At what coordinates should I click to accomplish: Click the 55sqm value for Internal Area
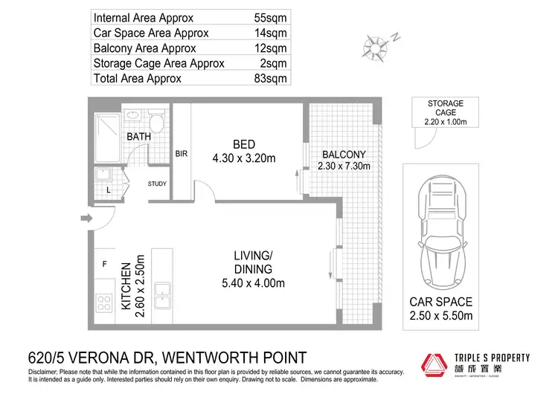tap(269, 16)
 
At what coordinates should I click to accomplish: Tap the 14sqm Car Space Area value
tap(269, 32)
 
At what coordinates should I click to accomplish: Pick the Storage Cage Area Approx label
tap(158, 63)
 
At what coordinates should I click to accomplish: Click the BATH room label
tap(139, 138)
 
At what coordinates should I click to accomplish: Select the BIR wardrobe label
tap(181, 154)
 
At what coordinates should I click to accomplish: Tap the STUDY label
tap(157, 184)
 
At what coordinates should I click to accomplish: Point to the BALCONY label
tap(344, 155)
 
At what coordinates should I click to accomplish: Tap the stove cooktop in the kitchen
tap(103, 303)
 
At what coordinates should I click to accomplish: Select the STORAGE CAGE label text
tap(445, 108)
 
